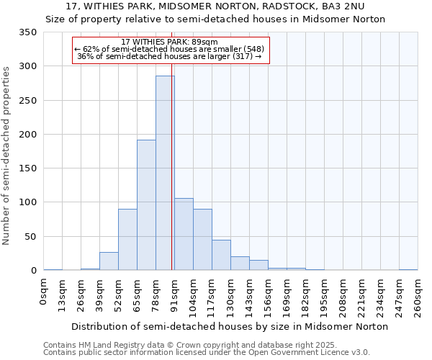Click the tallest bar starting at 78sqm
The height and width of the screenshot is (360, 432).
click(x=165, y=173)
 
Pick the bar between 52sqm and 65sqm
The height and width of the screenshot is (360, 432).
click(x=127, y=240)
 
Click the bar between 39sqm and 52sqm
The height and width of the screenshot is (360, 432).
click(x=109, y=261)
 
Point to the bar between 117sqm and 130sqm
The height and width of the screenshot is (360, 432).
click(x=221, y=255)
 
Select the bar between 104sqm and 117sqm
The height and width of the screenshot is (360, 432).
click(x=202, y=240)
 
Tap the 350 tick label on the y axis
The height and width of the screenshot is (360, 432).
click(x=28, y=32)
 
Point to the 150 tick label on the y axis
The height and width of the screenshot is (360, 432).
click(x=28, y=168)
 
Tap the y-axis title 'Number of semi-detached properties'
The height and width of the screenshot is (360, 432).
click(x=7, y=155)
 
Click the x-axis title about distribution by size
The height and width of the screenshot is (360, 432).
click(x=230, y=326)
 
